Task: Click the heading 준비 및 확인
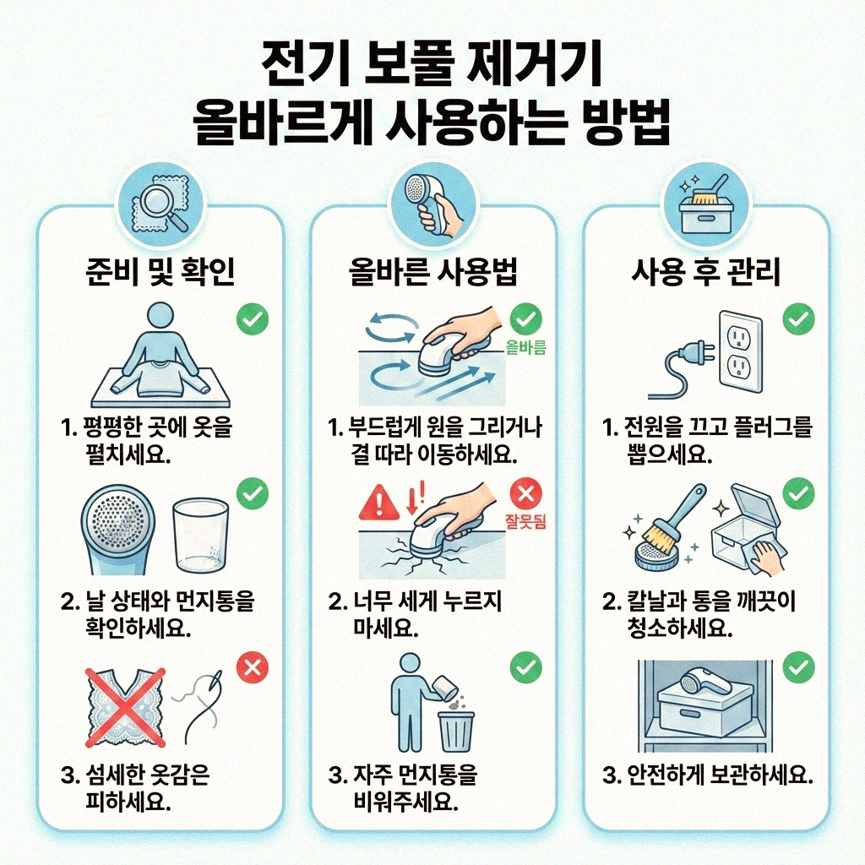[160, 272]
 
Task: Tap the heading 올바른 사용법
[432, 272]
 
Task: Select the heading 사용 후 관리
[705, 272]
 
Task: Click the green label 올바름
[525, 346]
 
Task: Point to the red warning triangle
[378, 505]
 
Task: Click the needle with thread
[200, 699]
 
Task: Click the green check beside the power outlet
[797, 319]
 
